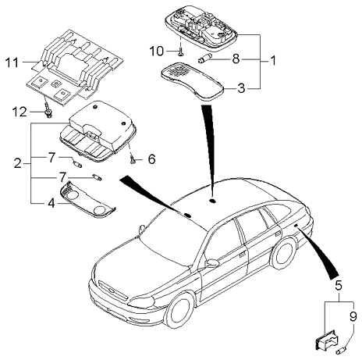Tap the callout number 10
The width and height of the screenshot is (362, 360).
pyautogui.click(x=155, y=52)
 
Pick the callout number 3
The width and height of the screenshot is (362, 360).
pyautogui.click(x=243, y=88)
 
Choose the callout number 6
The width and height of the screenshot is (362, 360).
pyautogui.click(x=151, y=159)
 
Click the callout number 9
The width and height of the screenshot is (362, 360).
pyautogui.click(x=353, y=316)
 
